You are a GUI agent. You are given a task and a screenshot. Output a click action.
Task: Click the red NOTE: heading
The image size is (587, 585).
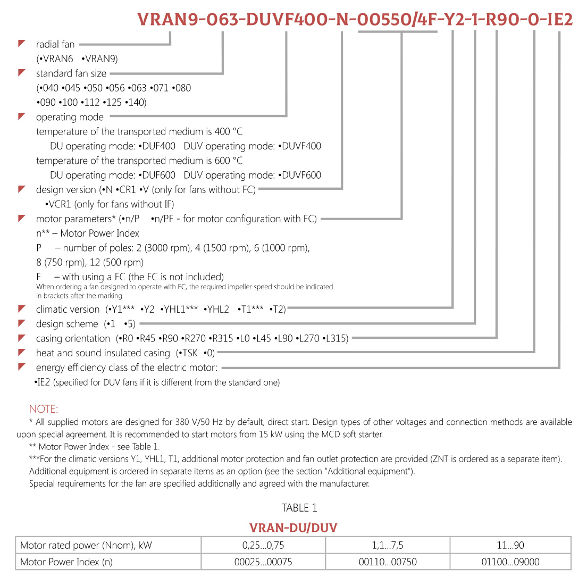click(x=44, y=409)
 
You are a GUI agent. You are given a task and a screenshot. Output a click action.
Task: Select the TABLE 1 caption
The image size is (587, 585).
click(x=299, y=508)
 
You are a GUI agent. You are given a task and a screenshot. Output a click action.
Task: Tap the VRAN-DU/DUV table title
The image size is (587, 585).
click(x=293, y=528)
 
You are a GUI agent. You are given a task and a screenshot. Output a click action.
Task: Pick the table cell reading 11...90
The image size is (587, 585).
click(x=510, y=545)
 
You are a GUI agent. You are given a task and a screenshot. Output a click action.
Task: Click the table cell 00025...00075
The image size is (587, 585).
click(x=263, y=562)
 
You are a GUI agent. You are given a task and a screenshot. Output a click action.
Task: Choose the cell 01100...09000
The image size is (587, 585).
click(x=510, y=562)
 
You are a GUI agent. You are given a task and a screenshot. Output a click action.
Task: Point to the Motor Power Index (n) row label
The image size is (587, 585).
click(x=66, y=562)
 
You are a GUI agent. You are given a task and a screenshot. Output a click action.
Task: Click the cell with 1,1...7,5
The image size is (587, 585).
click(x=388, y=545)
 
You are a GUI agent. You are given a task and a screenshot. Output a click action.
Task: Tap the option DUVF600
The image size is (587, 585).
click(x=301, y=175)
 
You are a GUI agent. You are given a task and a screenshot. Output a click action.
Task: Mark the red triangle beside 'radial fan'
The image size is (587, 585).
click(x=22, y=44)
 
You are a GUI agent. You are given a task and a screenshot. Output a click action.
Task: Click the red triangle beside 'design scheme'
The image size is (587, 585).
click(x=22, y=323)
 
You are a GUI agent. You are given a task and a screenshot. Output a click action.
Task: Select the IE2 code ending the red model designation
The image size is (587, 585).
click(x=560, y=20)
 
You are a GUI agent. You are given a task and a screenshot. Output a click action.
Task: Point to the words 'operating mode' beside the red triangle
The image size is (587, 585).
click(x=70, y=117)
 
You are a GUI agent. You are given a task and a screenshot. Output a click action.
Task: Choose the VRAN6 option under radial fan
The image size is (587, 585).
click(x=57, y=59)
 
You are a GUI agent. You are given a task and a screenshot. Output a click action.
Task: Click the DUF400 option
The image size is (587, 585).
click(x=158, y=146)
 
